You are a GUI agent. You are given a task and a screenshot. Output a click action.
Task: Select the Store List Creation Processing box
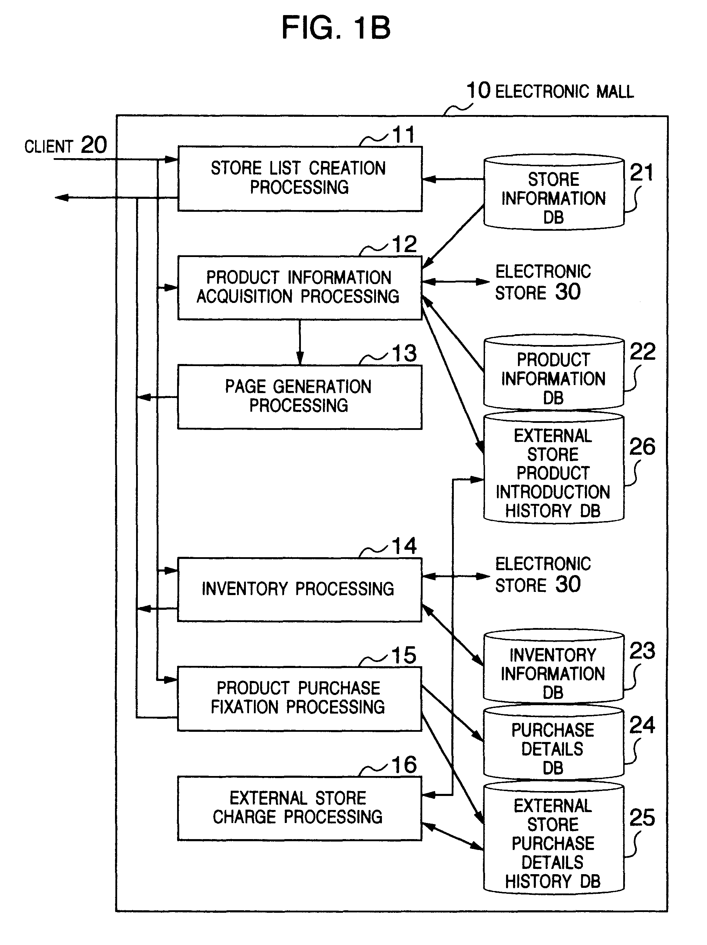pos(299,178)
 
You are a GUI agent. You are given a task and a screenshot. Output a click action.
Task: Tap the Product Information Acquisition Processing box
pos(299,288)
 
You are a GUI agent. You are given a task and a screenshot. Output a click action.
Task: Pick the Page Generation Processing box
pos(299,397)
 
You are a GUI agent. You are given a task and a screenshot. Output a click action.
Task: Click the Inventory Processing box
pos(299,589)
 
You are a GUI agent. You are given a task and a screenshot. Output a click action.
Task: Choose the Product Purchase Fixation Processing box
pos(299,698)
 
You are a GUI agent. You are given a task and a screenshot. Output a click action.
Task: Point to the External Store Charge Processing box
pos(299,808)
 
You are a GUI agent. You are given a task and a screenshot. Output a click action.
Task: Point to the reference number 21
pos(642,173)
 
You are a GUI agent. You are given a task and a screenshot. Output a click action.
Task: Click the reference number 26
pos(642,447)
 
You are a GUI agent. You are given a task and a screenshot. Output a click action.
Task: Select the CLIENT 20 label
pos(65,146)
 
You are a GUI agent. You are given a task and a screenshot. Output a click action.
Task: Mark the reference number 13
pos(404,353)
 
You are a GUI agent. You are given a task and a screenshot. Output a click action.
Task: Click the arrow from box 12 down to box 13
pos(300,342)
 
